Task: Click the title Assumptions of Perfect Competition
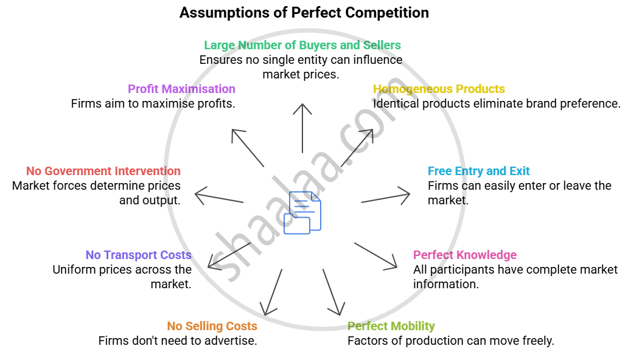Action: pyautogui.click(x=304, y=13)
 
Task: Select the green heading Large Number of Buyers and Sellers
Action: pyautogui.click(x=302, y=45)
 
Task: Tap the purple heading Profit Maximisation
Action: pyautogui.click(x=181, y=89)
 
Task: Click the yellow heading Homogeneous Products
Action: pyautogui.click(x=439, y=89)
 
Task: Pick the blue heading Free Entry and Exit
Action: pyautogui.click(x=478, y=171)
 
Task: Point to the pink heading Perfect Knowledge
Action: pyautogui.click(x=465, y=255)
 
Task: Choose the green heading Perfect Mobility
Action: pyautogui.click(x=391, y=326)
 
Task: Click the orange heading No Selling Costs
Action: pyautogui.click(x=212, y=326)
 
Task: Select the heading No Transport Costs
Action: pyautogui.click(x=138, y=255)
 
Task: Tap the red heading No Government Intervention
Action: pyautogui.click(x=103, y=171)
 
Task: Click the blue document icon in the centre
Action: pyautogui.click(x=305, y=212)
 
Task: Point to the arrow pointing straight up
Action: pyautogui.click(x=302, y=128)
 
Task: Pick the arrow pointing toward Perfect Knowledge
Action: pyautogui.click(x=375, y=255)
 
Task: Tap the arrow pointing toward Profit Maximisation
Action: pyautogui.click(x=247, y=148)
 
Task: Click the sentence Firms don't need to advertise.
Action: pyautogui.click(x=178, y=341)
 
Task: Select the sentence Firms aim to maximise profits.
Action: pyautogui.click(x=153, y=103)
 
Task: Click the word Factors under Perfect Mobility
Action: pyautogui.click(x=368, y=341)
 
